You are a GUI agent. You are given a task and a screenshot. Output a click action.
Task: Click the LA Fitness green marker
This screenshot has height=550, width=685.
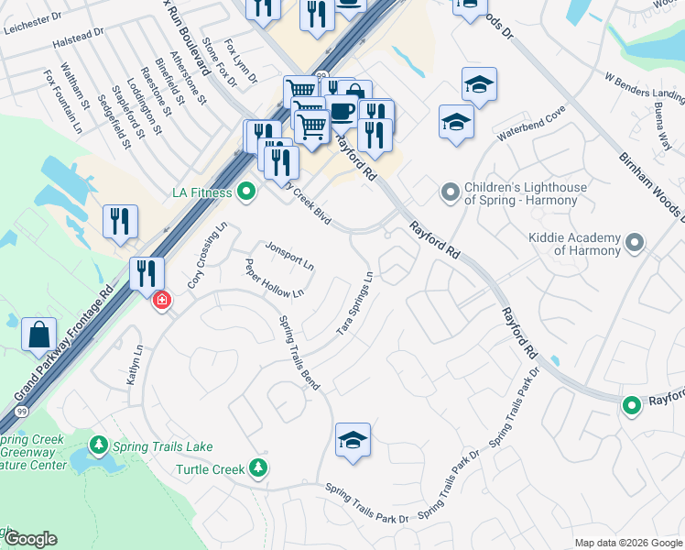pos(245,192)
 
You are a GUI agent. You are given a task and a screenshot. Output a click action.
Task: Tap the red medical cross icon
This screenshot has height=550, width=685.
pos(162,300)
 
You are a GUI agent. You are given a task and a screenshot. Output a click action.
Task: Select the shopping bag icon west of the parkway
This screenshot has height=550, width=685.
pos(40,335)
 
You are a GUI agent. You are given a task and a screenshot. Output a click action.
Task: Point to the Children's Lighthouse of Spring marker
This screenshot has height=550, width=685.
pos(449,192)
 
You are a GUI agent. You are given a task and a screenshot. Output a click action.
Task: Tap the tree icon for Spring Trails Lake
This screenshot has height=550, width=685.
pos(99,445)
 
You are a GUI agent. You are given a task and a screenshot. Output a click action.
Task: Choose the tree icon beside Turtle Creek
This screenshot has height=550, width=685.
pos(259,468)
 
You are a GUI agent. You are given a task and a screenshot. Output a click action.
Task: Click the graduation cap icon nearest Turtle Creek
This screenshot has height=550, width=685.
pos(353,441)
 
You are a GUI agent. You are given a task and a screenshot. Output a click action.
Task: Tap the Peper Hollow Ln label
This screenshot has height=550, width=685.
pos(274,279)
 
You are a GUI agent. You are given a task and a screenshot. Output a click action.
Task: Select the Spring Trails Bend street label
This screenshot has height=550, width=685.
pos(299,353)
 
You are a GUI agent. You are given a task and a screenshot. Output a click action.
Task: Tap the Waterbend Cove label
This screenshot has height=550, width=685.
pos(531,123)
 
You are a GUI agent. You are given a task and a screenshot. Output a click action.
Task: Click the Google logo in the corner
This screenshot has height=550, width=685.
pos(29,539)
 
